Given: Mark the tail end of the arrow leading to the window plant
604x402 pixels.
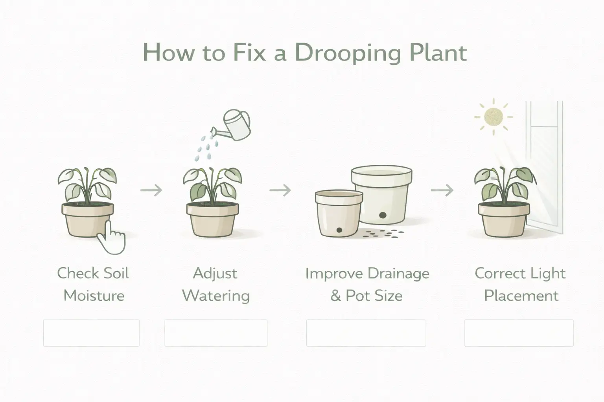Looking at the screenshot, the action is tap(431, 190).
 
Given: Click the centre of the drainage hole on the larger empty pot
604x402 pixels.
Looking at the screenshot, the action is tap(382, 215).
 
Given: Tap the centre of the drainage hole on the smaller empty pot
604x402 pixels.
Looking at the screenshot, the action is tap(339, 230).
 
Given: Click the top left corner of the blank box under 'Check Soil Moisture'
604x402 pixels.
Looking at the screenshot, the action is tap(44, 320).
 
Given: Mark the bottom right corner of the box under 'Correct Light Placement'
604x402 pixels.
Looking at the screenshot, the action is tap(573, 346).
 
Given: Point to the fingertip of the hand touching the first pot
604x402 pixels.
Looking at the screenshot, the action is tap(109, 221).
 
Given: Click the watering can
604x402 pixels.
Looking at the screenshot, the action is tap(231, 125).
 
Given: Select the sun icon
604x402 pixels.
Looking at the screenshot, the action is tap(494, 117).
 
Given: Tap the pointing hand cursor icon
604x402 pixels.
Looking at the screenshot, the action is tap(111, 237).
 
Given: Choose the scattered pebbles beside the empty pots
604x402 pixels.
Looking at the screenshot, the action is tap(383, 234).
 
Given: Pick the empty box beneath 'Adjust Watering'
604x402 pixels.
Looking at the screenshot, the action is tap(216, 333).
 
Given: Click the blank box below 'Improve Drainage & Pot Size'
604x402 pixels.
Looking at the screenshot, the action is tap(366, 333).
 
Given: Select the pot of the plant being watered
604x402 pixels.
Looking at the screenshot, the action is tap(213, 220).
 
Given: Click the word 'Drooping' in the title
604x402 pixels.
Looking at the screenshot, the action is tap(348, 53).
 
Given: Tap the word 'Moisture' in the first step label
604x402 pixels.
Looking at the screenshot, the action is tap(94, 296).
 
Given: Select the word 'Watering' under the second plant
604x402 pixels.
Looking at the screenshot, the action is tap(216, 296).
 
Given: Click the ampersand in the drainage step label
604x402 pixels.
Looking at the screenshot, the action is tap(335, 296).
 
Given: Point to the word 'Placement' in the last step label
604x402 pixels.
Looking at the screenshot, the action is tap(521, 296).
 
